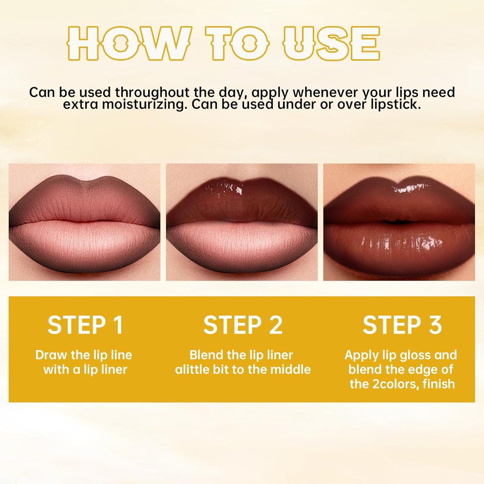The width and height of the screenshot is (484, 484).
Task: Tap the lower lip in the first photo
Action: [x=85, y=245]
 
